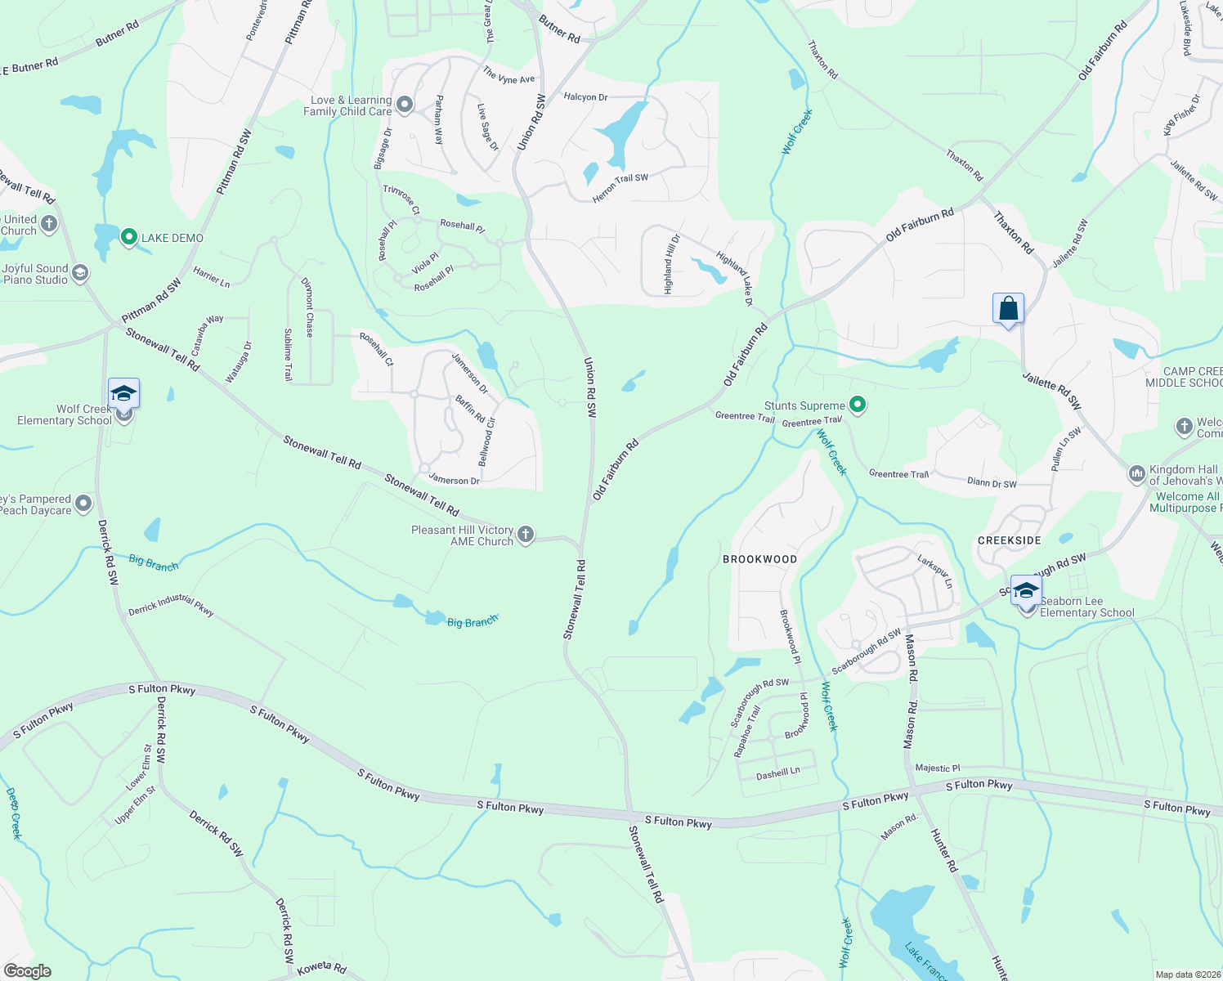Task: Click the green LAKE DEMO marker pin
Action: [128, 238]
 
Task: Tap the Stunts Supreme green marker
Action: [858, 405]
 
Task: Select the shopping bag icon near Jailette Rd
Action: [1008, 309]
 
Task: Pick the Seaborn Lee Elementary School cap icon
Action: [1026, 590]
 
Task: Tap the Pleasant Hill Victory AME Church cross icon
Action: [526, 535]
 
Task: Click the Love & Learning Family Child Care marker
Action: [405, 105]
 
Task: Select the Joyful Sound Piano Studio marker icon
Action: [79, 273]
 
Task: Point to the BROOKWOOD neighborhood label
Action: [759, 559]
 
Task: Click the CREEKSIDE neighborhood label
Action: [1010, 540]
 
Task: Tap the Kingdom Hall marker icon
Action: [1136, 473]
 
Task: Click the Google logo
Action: [28, 971]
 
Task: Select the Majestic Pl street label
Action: [938, 768]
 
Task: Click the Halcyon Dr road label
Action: [585, 97]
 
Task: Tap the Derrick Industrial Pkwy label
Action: [171, 606]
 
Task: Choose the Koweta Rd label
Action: [322, 967]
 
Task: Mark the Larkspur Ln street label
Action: [935, 571]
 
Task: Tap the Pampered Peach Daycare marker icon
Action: [83, 504]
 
